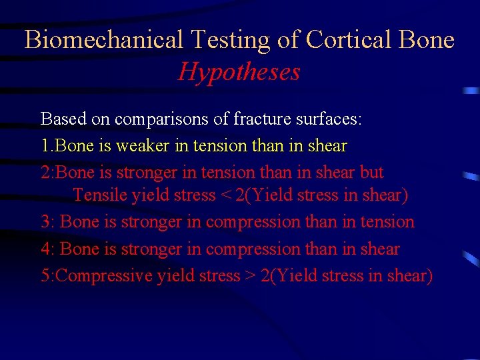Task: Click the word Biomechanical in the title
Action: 103,40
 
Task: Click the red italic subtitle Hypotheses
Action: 239,71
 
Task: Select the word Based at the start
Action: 60,119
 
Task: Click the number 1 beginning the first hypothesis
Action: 45,145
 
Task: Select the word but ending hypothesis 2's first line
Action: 371,172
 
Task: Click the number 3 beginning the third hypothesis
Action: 45,222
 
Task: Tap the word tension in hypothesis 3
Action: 388,222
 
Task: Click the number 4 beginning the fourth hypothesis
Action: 45,249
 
